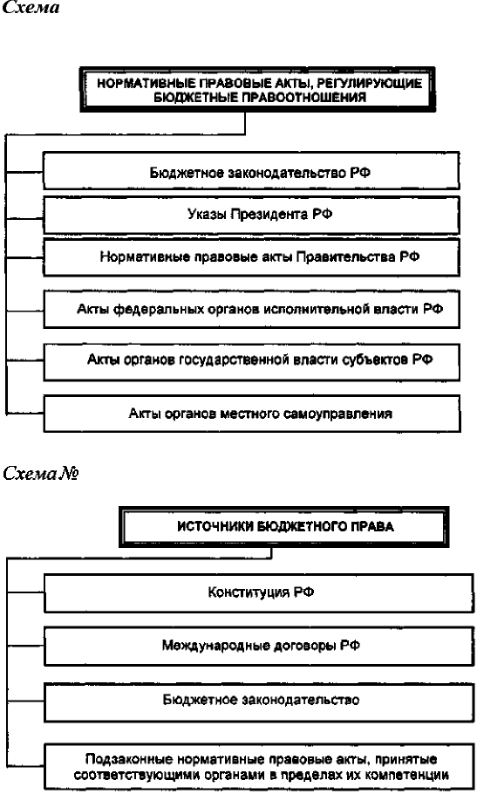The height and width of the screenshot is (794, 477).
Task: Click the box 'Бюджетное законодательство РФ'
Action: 251,171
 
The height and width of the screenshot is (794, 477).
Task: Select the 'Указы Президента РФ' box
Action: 251,215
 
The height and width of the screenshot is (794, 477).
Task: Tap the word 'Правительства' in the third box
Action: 346,257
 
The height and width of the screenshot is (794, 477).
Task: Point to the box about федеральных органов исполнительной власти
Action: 251,309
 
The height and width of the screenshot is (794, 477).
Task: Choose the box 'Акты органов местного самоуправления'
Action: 251,414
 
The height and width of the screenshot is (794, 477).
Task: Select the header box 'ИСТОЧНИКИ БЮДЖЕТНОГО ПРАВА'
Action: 284,527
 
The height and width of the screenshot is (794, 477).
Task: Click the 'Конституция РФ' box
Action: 258,593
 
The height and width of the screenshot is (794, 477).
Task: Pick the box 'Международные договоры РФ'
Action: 258,647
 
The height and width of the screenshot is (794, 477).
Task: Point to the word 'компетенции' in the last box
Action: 411,775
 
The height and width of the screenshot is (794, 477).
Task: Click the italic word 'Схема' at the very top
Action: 31,7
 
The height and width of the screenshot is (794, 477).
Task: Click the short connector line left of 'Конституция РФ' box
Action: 25,592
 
